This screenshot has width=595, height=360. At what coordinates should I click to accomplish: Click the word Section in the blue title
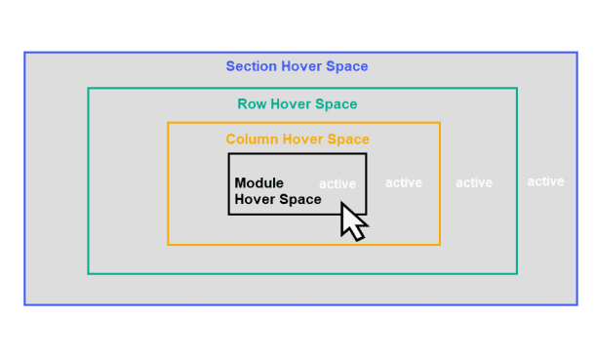pyautogui.click(x=252, y=67)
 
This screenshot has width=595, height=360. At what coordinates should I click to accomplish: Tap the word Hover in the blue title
pyautogui.click(x=304, y=67)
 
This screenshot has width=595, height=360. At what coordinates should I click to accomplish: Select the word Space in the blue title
pyautogui.click(x=349, y=67)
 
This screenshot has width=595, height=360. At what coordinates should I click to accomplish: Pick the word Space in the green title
pyautogui.click(x=337, y=104)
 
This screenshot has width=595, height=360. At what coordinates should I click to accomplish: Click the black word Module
pyautogui.click(x=259, y=183)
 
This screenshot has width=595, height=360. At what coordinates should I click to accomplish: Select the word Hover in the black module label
pyautogui.click(x=254, y=200)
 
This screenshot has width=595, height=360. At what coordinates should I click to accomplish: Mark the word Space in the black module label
pyautogui.click(x=299, y=200)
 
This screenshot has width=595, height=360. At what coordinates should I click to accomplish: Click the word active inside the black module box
pyautogui.click(x=337, y=183)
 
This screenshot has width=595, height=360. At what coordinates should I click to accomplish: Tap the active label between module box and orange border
pyautogui.click(x=404, y=182)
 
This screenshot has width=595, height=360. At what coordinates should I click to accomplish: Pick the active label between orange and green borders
pyautogui.click(x=474, y=182)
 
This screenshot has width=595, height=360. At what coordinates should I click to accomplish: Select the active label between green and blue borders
pyautogui.click(x=545, y=181)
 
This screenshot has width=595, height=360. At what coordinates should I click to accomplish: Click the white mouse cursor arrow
pyautogui.click(x=352, y=220)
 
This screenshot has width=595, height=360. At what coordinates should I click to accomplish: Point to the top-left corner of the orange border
pyautogui.click(x=168, y=123)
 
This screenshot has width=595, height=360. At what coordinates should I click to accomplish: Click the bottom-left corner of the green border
pyautogui.click(x=89, y=273)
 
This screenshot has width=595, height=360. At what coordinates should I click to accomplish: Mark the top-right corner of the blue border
pyautogui.click(x=575, y=53)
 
